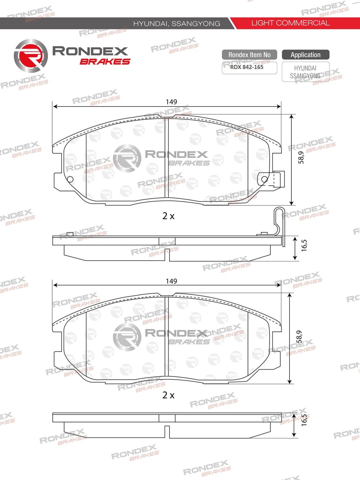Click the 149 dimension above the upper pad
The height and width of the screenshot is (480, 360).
click(x=171, y=102)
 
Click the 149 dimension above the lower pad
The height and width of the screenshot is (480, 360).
click(x=171, y=281)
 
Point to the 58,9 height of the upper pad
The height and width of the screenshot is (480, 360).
click(x=301, y=158)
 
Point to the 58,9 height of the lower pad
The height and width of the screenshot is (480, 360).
click(x=300, y=336)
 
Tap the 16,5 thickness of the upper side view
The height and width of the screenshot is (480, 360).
click(x=304, y=245)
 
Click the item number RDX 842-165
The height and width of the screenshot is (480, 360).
click(x=247, y=67)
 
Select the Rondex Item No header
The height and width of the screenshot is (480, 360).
click(x=249, y=55)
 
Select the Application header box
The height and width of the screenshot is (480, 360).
click(x=306, y=55)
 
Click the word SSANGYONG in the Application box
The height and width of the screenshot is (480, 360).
click(x=305, y=76)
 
